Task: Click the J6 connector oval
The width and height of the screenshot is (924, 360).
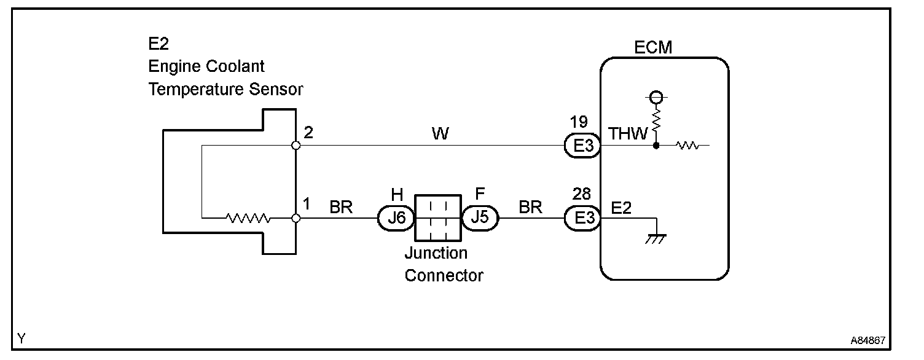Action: click(x=396, y=217)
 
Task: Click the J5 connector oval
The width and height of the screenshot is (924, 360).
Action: click(x=480, y=217)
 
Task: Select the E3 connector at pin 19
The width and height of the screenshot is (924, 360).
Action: click(x=582, y=145)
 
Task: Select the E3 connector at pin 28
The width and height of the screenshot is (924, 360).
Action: click(x=582, y=217)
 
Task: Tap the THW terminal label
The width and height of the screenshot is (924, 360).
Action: click(x=628, y=133)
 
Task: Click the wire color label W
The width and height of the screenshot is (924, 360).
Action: click(x=440, y=133)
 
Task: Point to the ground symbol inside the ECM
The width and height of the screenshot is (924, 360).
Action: click(x=656, y=239)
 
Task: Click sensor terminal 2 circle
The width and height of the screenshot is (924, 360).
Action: click(x=296, y=145)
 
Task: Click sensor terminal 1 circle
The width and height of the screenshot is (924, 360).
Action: click(x=296, y=218)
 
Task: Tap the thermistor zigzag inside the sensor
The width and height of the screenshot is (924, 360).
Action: click(x=248, y=217)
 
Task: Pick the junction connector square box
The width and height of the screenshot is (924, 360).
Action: click(x=437, y=217)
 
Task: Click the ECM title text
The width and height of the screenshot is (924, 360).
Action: click(x=653, y=47)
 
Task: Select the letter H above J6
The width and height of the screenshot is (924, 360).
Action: click(x=397, y=194)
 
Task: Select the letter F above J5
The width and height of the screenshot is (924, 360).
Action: click(x=480, y=194)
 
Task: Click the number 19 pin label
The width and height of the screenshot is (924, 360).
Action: click(x=579, y=122)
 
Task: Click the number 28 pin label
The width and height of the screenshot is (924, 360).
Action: click(x=582, y=194)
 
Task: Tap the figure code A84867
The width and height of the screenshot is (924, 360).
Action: click(x=868, y=340)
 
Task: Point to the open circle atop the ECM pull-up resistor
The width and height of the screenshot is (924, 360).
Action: click(x=656, y=98)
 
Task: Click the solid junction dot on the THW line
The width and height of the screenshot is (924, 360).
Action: click(x=656, y=146)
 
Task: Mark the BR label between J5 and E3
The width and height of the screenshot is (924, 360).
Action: click(x=530, y=207)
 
